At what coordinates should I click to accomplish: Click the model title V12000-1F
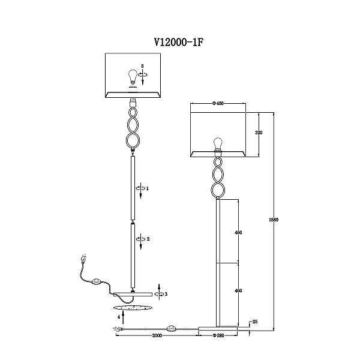[179, 42]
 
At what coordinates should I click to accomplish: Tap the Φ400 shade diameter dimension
[218, 104]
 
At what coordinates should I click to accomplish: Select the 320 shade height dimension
[259, 133]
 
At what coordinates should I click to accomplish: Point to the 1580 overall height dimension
[274, 220]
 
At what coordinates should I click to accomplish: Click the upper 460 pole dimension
[238, 233]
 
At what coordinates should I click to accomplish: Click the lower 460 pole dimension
[238, 290]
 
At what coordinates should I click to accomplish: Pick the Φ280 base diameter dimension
[218, 335]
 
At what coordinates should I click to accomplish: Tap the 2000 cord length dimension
[157, 335]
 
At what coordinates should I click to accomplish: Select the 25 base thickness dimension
[255, 322]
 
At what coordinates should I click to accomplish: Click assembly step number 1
[148, 188]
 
